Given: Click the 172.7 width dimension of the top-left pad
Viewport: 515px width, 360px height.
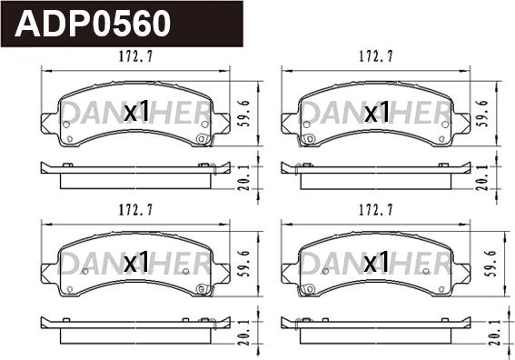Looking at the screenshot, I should [134, 57].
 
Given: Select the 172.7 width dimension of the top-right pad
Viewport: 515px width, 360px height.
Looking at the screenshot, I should [376, 57].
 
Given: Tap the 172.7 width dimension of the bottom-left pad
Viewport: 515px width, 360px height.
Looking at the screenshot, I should [134, 210].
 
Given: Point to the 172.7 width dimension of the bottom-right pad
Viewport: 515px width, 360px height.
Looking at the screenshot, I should [376, 210].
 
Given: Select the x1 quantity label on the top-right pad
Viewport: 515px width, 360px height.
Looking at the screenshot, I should [376, 113].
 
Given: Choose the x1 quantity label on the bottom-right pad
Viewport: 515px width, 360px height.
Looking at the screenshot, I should [376, 264].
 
